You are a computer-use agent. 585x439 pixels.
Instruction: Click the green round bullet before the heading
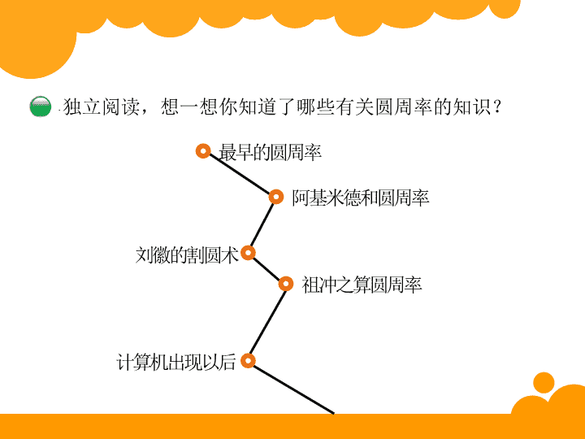point(41,106)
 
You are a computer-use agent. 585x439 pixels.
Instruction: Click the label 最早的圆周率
point(270,152)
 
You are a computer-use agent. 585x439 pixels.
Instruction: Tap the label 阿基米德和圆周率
point(361,198)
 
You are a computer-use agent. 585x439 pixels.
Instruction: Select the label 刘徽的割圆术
point(187,255)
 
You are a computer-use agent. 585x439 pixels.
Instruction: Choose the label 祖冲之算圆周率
point(362,285)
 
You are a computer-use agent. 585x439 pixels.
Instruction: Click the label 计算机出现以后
point(176,362)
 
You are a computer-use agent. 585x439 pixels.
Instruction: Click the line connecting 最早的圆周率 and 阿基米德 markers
point(240,174)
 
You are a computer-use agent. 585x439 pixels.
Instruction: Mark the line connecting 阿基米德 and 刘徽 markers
point(262,224)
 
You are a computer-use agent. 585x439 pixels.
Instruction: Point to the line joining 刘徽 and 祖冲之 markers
point(266,268)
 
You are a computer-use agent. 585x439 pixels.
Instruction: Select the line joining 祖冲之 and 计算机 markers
point(267,322)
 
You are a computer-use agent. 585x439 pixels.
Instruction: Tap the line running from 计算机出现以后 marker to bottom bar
point(293,389)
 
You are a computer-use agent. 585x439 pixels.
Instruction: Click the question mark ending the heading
point(497,106)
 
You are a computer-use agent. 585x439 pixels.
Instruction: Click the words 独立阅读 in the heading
point(101,106)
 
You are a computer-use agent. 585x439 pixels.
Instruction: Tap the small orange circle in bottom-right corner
point(544,382)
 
